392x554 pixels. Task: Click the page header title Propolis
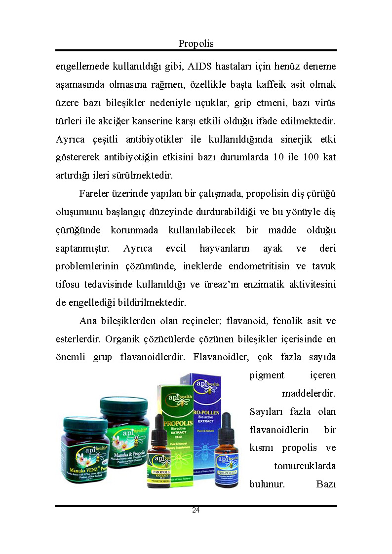[196, 44]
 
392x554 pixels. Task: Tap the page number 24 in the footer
[196, 510]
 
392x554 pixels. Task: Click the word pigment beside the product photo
[267, 375]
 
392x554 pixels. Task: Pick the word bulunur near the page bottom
[267, 484]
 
